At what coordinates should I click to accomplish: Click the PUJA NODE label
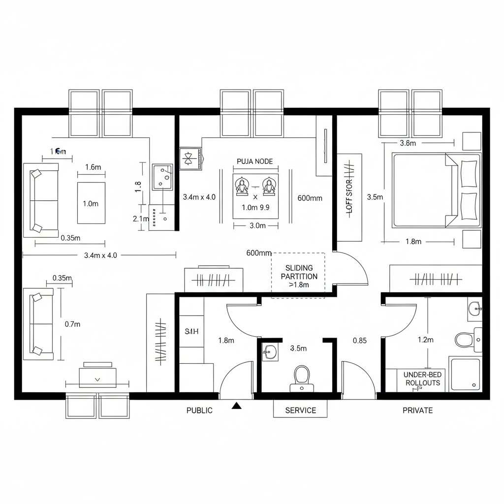click(x=254, y=161)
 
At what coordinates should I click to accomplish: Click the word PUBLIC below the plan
click(x=199, y=410)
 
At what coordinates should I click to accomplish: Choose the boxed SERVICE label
click(x=300, y=410)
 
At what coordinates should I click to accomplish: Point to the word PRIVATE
click(x=417, y=410)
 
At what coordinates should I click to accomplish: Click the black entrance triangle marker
click(x=237, y=406)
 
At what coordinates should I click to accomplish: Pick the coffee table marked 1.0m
click(x=91, y=203)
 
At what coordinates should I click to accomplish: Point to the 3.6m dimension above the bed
click(x=408, y=143)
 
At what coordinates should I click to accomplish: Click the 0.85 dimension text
click(x=359, y=340)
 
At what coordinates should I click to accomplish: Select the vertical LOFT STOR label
click(x=349, y=196)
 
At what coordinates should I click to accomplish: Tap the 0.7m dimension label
click(x=72, y=324)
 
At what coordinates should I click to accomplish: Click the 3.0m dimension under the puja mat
click(x=255, y=225)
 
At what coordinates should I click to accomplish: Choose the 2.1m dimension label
click(x=141, y=219)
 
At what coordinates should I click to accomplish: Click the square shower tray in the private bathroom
click(x=465, y=374)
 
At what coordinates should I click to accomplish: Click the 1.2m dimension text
click(x=425, y=340)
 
